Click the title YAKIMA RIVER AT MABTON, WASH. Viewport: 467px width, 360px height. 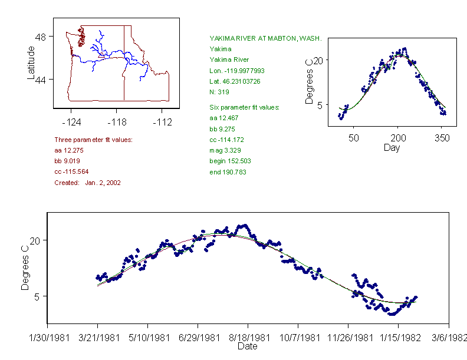pyautogui.click(x=265, y=38)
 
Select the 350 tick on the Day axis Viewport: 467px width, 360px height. pyautogui.click(x=442, y=138)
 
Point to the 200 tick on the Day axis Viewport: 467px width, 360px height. pyautogui.click(x=398, y=138)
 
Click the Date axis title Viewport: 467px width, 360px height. pyautogui.click(x=247, y=346)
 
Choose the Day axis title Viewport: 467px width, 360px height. pyautogui.click(x=392, y=147)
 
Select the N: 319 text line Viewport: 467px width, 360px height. pyautogui.click(x=221, y=91)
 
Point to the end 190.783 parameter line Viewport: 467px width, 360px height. pyautogui.click(x=228, y=172)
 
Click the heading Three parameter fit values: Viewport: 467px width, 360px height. pyautogui.click(x=93, y=140)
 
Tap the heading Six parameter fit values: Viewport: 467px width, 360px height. pyautogui.click(x=244, y=107)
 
